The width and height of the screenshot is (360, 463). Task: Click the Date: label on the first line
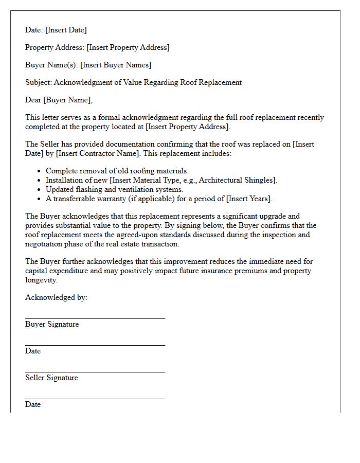(x=34, y=30)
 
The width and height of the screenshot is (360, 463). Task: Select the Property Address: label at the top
(x=55, y=47)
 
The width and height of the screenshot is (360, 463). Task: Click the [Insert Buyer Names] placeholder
(x=116, y=65)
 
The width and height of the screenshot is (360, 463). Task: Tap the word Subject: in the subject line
(x=39, y=82)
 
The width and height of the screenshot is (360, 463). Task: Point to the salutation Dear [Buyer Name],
(x=59, y=100)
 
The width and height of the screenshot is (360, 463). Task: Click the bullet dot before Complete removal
(x=39, y=171)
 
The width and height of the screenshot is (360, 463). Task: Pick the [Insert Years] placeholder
(x=249, y=199)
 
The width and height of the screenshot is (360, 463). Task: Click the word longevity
(x=41, y=280)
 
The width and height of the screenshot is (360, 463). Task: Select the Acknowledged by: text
(x=56, y=297)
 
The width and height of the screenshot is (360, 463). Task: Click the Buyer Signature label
(x=52, y=324)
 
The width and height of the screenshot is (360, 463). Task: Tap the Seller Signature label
(x=51, y=378)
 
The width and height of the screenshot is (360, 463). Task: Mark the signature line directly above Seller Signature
(x=95, y=372)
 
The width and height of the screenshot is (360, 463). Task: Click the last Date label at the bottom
(x=33, y=404)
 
